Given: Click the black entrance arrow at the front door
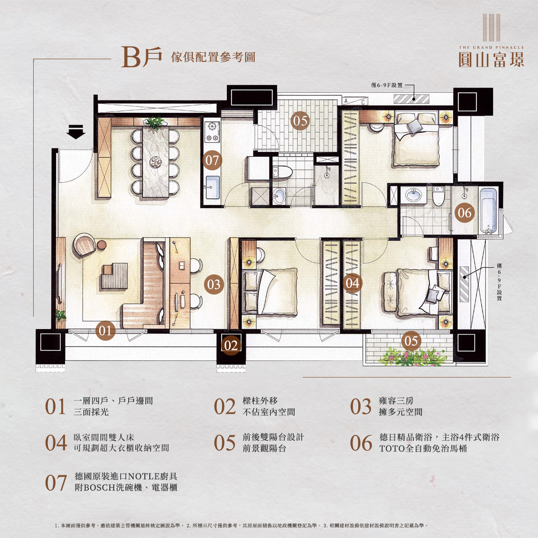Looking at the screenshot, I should [76, 132].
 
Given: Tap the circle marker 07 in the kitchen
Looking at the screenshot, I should [212, 161].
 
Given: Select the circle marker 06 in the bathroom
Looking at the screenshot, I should [464, 213].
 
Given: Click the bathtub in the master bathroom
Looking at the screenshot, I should [488, 211].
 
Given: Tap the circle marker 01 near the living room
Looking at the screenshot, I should [105, 331].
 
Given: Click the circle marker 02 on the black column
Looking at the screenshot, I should [231, 345].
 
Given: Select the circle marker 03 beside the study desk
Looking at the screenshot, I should [214, 284].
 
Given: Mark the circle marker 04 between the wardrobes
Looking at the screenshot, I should [352, 283].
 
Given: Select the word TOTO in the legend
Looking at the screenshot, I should [392, 448].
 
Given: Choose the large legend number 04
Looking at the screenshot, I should [56, 443].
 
